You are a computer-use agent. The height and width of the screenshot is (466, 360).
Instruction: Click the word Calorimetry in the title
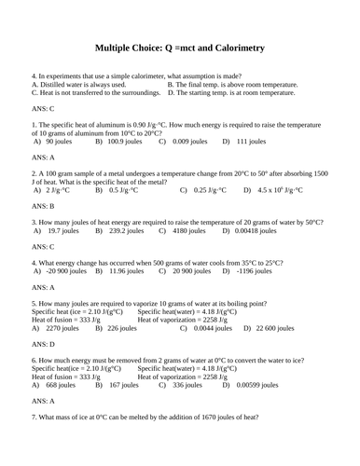232,48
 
